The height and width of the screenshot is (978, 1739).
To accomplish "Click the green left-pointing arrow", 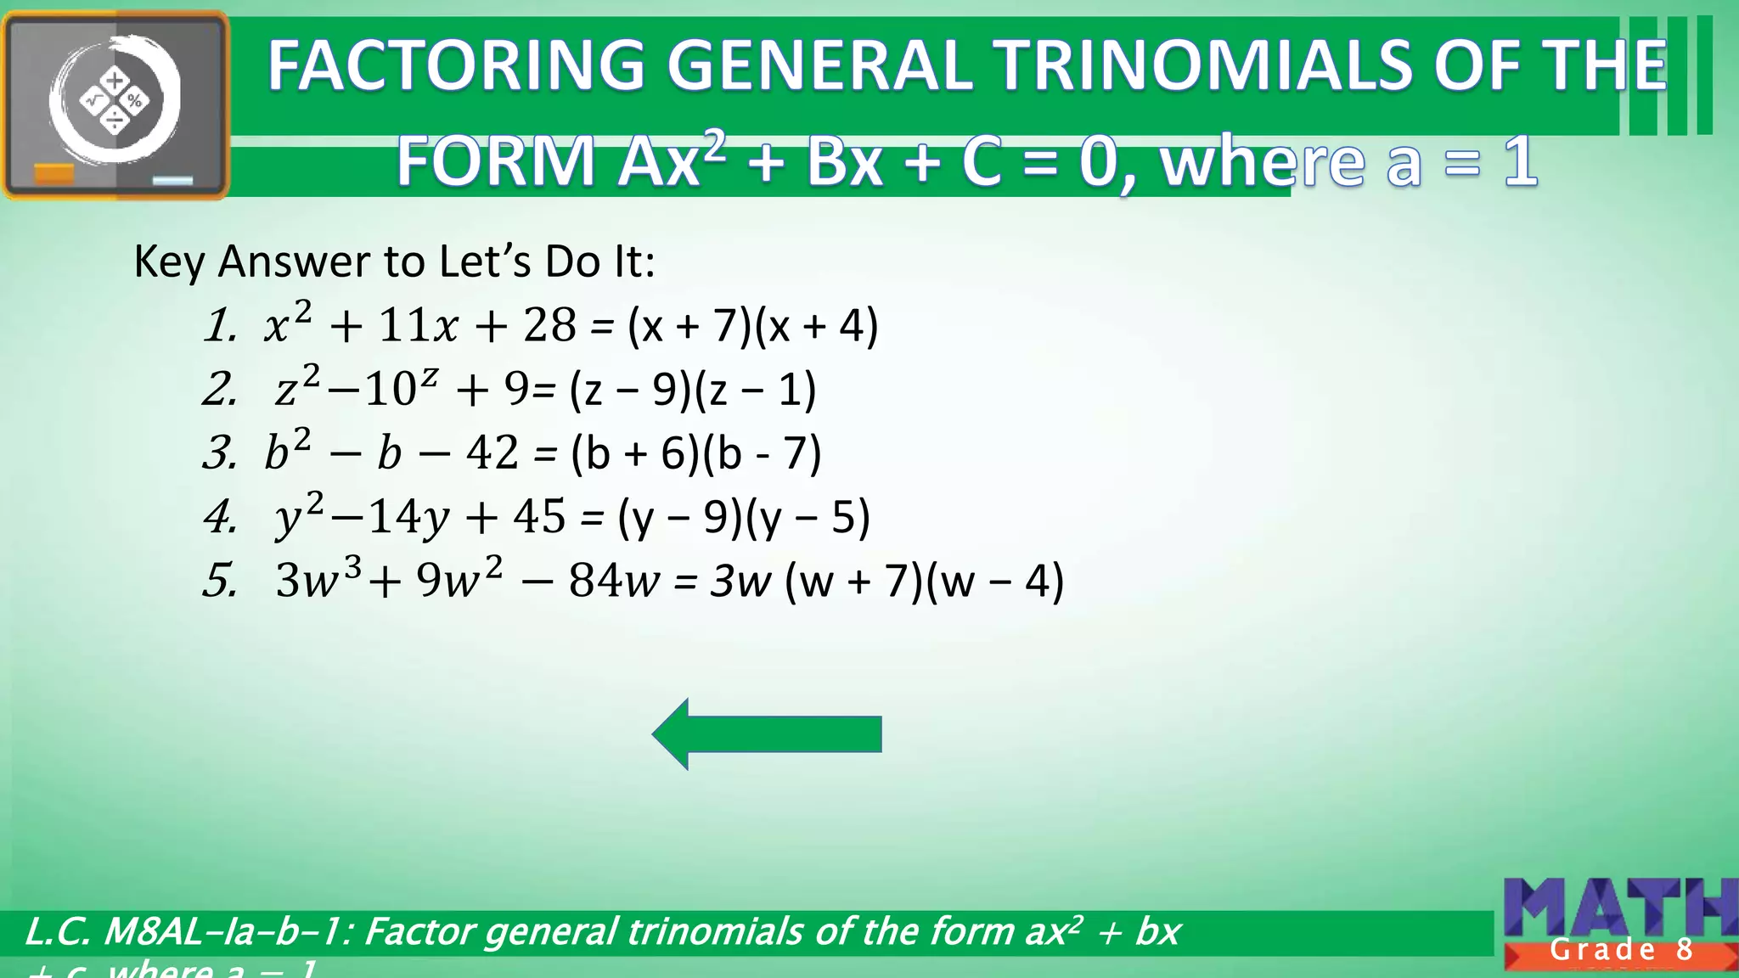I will click(x=766, y=734).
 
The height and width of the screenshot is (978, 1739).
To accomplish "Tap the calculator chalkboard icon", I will click(x=115, y=105).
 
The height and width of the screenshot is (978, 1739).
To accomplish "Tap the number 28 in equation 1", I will click(x=549, y=325).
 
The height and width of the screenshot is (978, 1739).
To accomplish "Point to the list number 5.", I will click(x=220, y=582).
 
